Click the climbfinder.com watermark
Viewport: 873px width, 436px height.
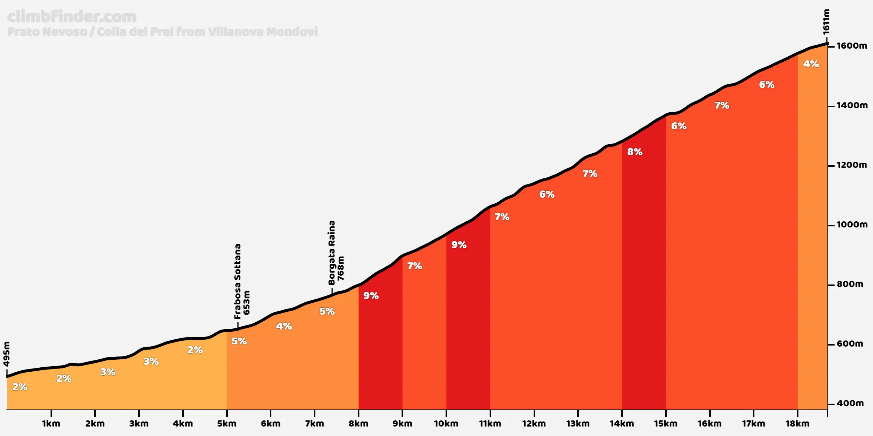pyautogui.click(x=72, y=17)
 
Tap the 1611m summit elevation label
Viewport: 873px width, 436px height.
pyautogui.click(x=826, y=22)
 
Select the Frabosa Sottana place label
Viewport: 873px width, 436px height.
pyautogui.click(x=238, y=281)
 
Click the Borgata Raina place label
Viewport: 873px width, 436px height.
pyautogui.click(x=332, y=253)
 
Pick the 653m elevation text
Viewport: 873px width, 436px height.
pyautogui.click(x=247, y=302)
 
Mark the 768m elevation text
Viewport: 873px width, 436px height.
pyautogui.click(x=341, y=269)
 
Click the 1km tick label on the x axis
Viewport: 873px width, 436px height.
pyautogui.click(x=51, y=424)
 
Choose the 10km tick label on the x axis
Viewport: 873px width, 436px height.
pyautogui.click(x=446, y=424)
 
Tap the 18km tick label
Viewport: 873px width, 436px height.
pyautogui.click(x=797, y=424)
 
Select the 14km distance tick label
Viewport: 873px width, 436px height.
pyautogui.click(x=622, y=424)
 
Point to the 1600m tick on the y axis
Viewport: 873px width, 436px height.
pyautogui.click(x=852, y=46)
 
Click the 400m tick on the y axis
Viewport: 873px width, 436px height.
pyautogui.click(x=850, y=403)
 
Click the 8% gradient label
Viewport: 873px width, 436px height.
pyautogui.click(x=635, y=152)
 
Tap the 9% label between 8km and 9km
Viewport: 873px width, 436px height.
pyautogui.click(x=371, y=296)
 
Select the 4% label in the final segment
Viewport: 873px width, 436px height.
pyautogui.click(x=811, y=64)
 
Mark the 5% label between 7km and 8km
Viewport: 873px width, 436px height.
pyautogui.click(x=327, y=311)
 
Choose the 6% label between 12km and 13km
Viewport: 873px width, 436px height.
pyautogui.click(x=547, y=194)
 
